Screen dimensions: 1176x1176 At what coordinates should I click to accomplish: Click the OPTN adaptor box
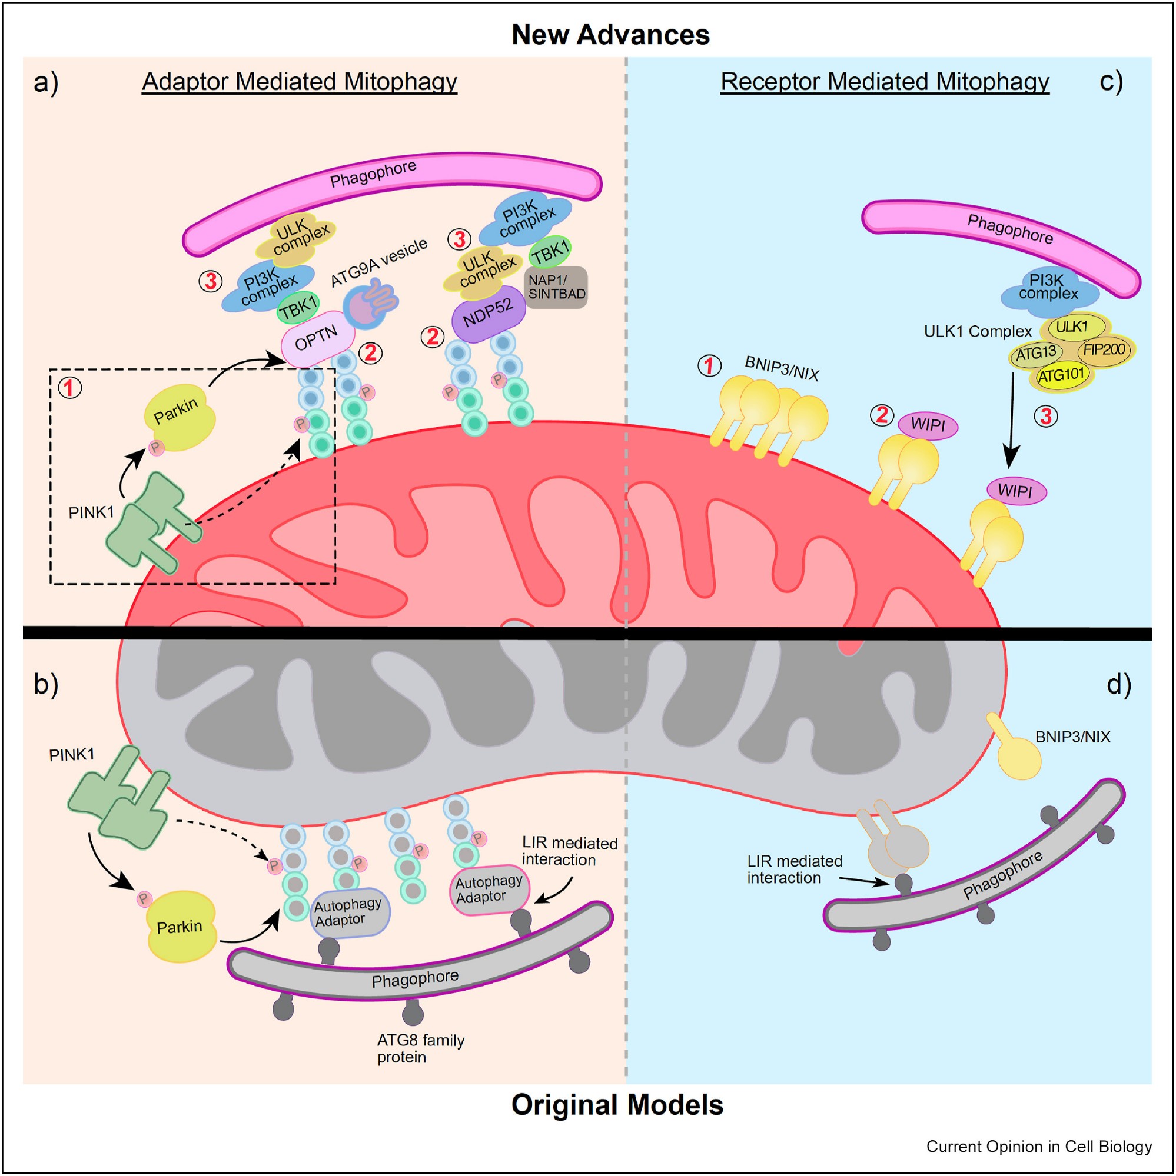pyautogui.click(x=317, y=339)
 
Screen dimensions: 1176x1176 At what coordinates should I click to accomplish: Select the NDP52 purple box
pyautogui.click(x=488, y=314)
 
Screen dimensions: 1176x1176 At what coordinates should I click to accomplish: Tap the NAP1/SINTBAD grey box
pyautogui.click(x=556, y=287)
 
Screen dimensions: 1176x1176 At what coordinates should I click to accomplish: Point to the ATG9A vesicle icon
pyautogui.click(x=369, y=303)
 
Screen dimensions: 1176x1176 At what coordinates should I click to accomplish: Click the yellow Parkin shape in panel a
pyautogui.click(x=179, y=417)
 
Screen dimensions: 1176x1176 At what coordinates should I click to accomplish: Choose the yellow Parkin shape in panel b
pyautogui.click(x=181, y=926)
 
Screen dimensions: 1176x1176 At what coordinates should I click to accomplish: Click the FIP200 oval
pyautogui.click(x=1104, y=349)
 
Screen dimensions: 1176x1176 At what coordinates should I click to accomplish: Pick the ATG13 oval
pyautogui.click(x=1036, y=353)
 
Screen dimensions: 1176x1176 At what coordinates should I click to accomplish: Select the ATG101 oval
pyautogui.click(x=1061, y=375)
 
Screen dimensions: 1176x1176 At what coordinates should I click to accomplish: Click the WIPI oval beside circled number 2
pyautogui.click(x=928, y=424)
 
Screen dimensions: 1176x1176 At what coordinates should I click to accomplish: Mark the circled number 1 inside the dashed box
pyautogui.click(x=69, y=388)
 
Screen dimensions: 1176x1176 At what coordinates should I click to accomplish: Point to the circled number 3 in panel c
pyautogui.click(x=1046, y=417)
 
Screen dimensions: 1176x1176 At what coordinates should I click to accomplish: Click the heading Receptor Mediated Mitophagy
pyautogui.click(x=884, y=82)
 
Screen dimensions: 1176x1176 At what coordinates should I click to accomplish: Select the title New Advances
pyautogui.click(x=610, y=35)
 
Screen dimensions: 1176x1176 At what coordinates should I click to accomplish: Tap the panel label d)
pyautogui.click(x=1118, y=685)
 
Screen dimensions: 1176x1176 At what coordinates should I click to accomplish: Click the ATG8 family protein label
pyautogui.click(x=420, y=1049)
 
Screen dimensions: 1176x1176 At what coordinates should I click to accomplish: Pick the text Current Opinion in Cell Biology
pyautogui.click(x=1038, y=1147)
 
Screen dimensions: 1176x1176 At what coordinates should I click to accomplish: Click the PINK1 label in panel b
pyautogui.click(x=72, y=755)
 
